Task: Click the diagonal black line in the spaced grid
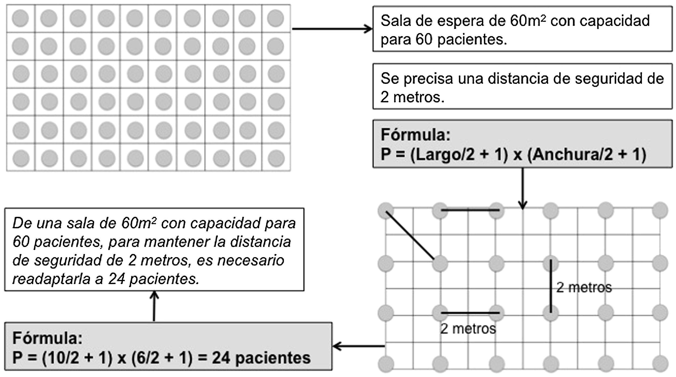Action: (410, 236)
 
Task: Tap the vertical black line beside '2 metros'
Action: (551, 286)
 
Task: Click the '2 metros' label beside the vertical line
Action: (584, 288)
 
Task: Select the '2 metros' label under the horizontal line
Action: (468, 329)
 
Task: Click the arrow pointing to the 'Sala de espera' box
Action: (332, 28)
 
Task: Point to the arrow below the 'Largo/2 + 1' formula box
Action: (523, 189)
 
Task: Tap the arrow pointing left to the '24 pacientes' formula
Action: (359, 346)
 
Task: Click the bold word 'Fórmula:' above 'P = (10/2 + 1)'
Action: (47, 338)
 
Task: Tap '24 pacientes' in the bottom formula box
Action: (261, 358)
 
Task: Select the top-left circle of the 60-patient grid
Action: (20, 18)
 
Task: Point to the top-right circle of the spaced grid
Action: (660, 210)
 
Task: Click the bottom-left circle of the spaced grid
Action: (386, 364)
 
